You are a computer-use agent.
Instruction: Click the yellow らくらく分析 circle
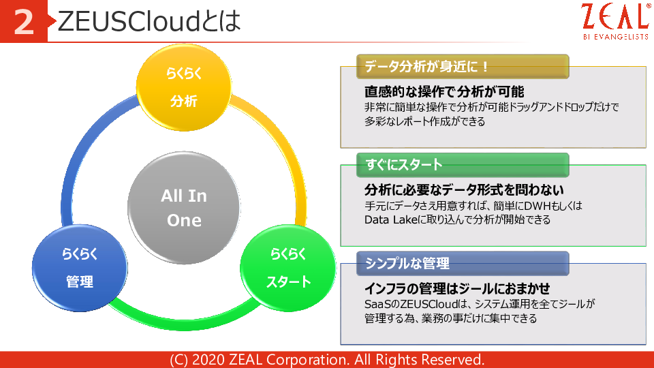pos(184,88)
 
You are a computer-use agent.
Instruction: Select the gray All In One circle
pos(184,208)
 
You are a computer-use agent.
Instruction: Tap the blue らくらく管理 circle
pos(80,268)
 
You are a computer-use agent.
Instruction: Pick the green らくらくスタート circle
pos(288,268)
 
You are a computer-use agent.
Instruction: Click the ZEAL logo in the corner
pos(616,21)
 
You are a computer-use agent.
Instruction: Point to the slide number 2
pos(23,22)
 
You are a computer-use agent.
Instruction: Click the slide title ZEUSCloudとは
pos(149,21)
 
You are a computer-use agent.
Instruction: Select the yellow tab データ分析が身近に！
pos(463,66)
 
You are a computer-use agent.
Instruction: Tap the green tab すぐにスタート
pos(463,165)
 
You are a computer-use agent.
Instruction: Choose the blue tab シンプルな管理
pos(463,263)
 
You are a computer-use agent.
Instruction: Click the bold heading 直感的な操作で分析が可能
pos(444,91)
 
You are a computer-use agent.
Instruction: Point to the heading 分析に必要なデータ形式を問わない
pos(464,190)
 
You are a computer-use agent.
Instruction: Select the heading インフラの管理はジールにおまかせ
pos(457,288)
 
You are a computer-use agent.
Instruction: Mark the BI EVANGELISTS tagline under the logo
pos(616,37)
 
